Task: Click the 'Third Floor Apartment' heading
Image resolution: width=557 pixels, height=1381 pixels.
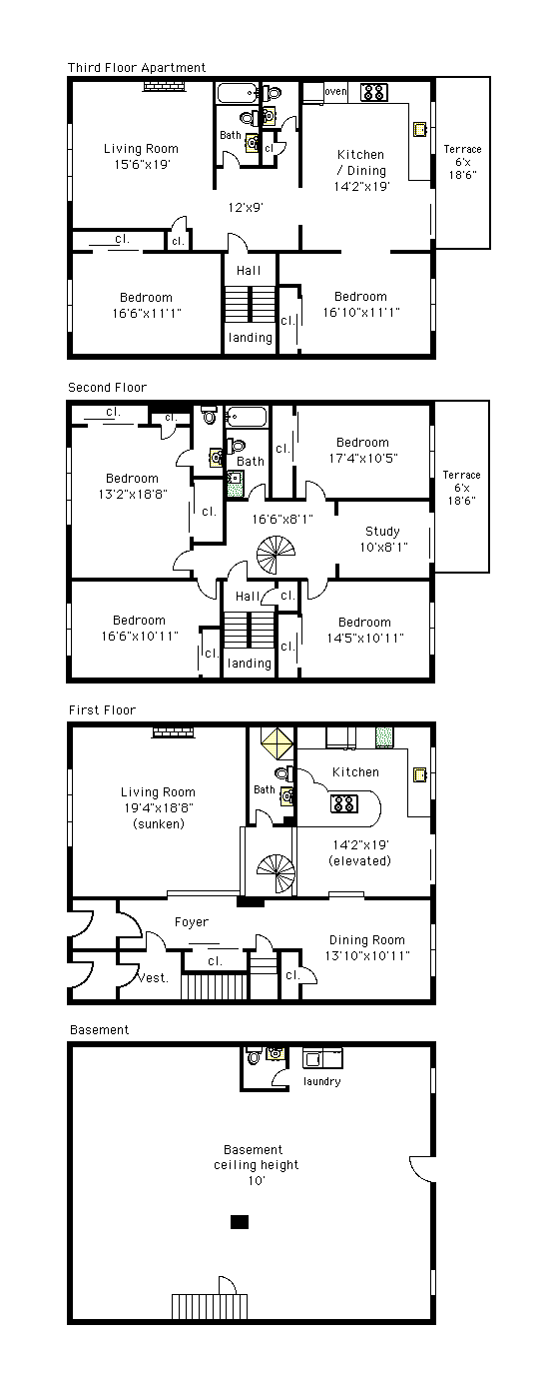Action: tap(137, 67)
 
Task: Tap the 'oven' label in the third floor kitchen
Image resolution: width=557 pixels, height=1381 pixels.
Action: tap(335, 91)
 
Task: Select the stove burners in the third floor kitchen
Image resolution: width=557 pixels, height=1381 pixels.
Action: tap(373, 93)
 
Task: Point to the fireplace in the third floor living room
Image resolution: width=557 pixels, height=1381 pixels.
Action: tap(164, 87)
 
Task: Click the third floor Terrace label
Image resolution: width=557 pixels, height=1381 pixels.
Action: tap(463, 149)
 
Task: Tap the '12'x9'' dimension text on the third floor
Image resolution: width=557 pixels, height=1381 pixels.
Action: tap(246, 207)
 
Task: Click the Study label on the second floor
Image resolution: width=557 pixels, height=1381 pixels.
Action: tap(382, 531)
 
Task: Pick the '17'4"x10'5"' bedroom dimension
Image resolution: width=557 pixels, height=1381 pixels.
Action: tap(363, 458)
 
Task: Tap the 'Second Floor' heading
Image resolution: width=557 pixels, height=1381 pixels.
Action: tap(107, 387)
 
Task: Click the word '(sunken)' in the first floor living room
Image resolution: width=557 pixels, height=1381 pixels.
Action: tap(159, 823)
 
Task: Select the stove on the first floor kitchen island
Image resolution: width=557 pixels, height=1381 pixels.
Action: tap(344, 803)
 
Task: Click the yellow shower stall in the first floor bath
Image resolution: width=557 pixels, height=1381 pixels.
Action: tap(278, 742)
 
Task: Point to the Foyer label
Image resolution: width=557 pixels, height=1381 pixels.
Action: tap(192, 922)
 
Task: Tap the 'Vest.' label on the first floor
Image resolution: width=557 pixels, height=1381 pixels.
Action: tap(152, 978)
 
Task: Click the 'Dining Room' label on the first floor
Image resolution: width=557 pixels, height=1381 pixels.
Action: tap(367, 940)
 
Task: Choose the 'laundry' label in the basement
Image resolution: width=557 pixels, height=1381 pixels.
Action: tap(322, 1081)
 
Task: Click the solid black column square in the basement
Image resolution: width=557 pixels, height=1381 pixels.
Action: tap(240, 1221)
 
